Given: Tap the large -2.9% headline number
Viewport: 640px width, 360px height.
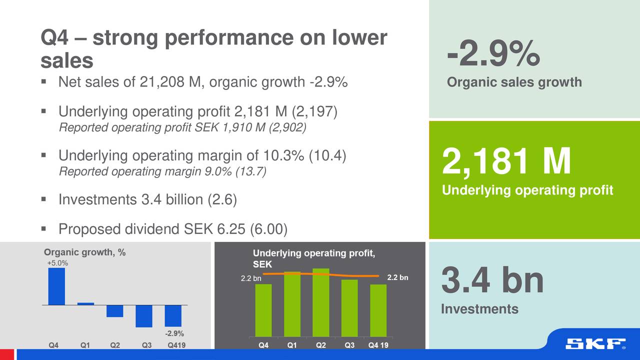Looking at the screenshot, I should coord(493,54).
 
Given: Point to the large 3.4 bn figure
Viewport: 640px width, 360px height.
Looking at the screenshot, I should coord(492,281).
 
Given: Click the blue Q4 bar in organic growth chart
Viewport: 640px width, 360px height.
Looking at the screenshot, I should coord(56,286).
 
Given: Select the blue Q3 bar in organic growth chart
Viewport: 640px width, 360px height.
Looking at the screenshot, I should coord(143,316).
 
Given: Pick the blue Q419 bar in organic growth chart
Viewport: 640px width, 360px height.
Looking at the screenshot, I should coord(173,315).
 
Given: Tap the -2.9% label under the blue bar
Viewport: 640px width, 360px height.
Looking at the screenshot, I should coord(174,333).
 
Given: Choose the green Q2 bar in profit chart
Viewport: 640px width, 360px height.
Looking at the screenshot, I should coord(320,302).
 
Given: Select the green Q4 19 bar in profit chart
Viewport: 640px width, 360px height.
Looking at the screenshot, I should coord(378,310).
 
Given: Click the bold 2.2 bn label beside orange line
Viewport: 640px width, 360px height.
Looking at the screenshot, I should coord(398,277).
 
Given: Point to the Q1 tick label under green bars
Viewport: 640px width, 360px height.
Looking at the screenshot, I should coord(292,344).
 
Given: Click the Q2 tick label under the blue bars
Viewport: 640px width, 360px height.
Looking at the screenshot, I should coord(114,344).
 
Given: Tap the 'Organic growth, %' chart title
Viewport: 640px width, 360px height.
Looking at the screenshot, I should coord(85,252).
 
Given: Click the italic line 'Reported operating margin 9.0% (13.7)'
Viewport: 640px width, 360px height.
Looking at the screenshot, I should coord(162,172).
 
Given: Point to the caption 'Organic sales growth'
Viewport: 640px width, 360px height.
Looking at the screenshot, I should coord(514,82).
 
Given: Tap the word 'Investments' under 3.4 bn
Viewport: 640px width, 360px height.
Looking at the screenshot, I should coord(479,309).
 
